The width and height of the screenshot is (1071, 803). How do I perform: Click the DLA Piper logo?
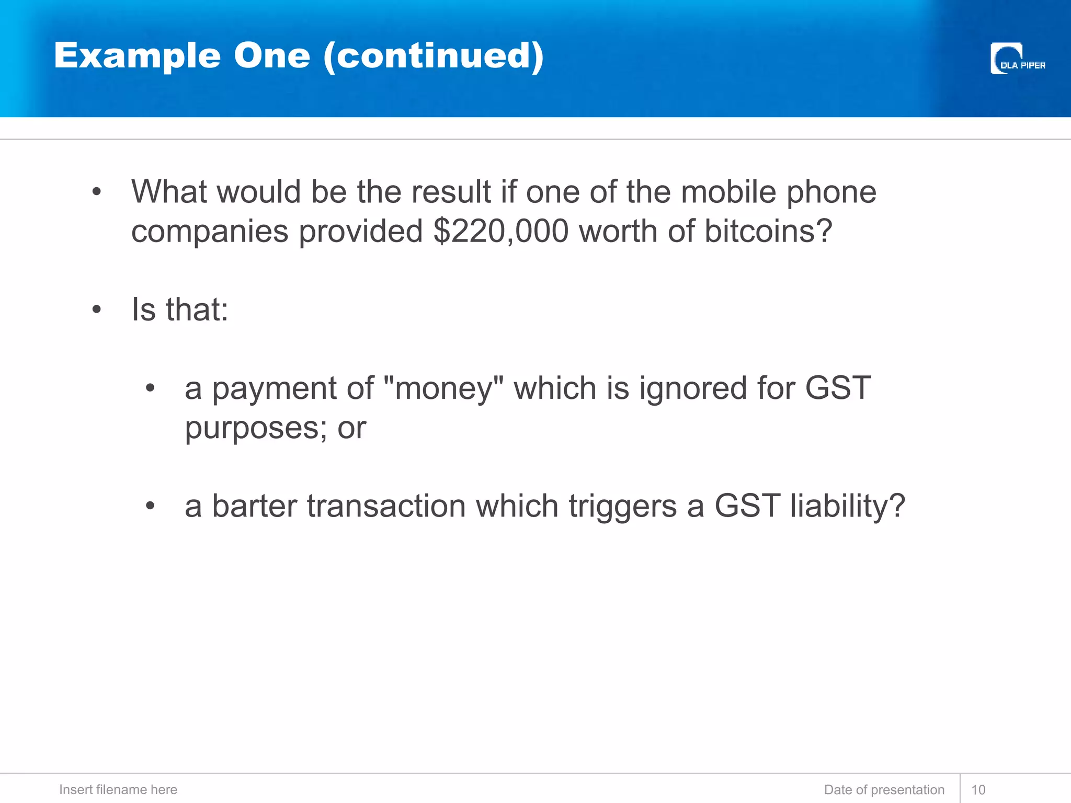coord(1017,59)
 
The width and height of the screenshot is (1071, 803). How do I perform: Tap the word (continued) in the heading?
coord(434,56)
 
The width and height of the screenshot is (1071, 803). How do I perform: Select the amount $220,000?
coord(500,231)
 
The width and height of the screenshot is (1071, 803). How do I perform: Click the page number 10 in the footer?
coord(978,790)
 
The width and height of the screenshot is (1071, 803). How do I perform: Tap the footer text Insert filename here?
coord(118,790)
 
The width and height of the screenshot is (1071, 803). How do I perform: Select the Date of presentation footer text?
coord(884,790)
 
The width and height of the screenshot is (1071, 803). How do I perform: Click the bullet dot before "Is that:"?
coord(96,309)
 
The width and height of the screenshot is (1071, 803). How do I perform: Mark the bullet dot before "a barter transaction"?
coord(150,506)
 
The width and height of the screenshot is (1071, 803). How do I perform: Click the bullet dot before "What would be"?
coord(96,192)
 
